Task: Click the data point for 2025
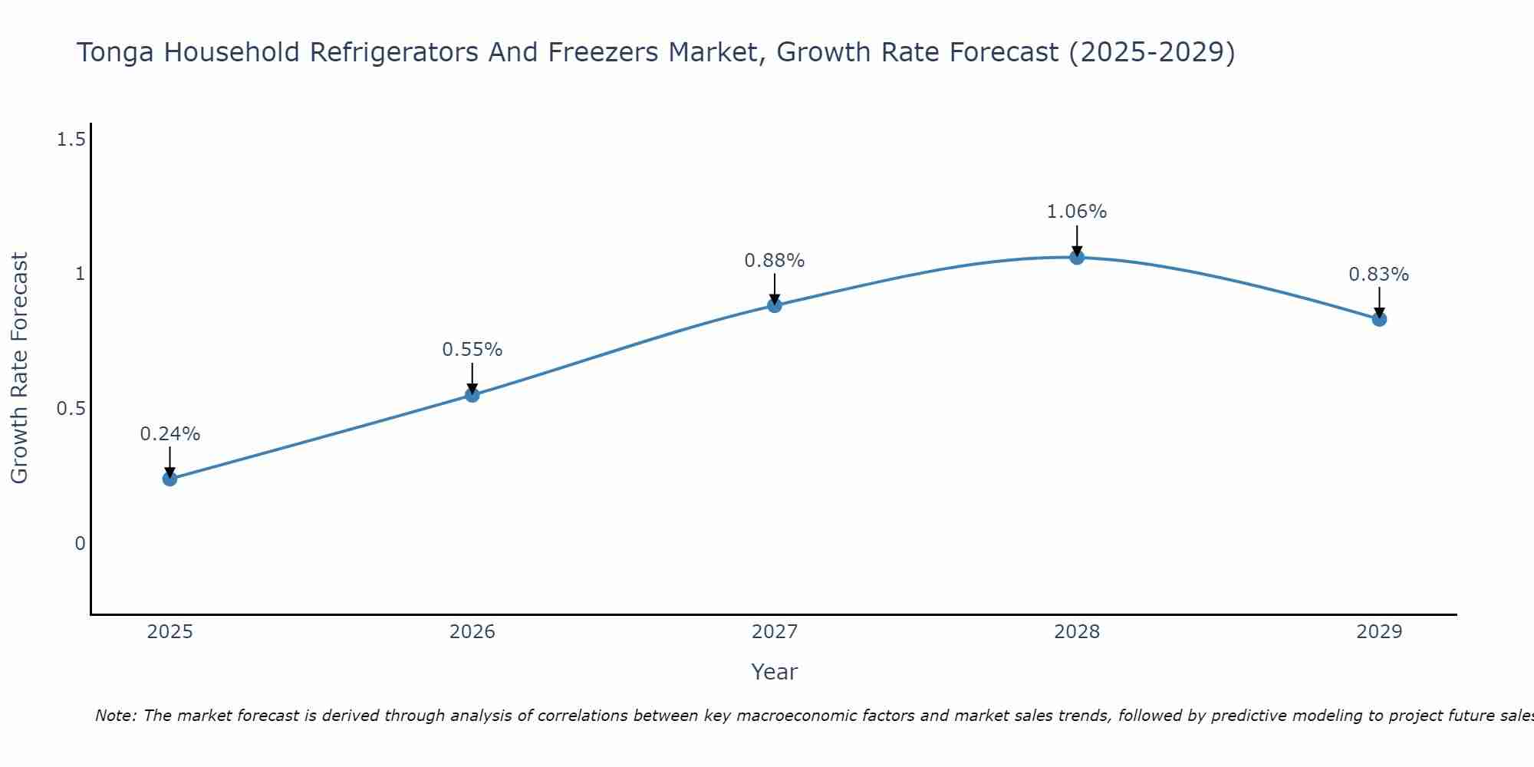(170, 479)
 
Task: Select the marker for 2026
(472, 395)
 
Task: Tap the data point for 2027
(775, 305)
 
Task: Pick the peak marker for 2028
(1077, 257)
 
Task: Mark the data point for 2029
(1379, 319)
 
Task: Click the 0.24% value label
(170, 434)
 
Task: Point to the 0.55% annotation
(472, 350)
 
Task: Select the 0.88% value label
(775, 261)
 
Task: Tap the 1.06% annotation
(1077, 212)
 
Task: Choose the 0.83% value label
(1379, 275)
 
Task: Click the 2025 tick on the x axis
(170, 632)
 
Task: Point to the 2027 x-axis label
(775, 632)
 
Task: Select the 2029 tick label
(1379, 632)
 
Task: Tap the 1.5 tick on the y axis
(71, 140)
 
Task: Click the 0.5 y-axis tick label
(71, 409)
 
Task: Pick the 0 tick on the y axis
(80, 544)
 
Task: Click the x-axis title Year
(775, 672)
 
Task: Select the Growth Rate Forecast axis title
(19, 368)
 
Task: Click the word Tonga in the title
(115, 52)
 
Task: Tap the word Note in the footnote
(115, 716)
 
